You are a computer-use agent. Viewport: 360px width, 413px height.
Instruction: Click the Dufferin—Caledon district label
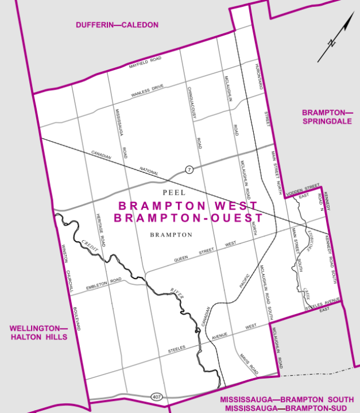(117, 25)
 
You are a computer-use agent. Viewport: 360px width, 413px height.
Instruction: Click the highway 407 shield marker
(156, 397)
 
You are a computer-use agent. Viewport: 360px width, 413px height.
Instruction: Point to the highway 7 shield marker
(188, 169)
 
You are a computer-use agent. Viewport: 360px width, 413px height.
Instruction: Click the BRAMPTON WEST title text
(188, 206)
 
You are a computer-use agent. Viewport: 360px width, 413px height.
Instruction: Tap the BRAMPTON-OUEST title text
(188, 218)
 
